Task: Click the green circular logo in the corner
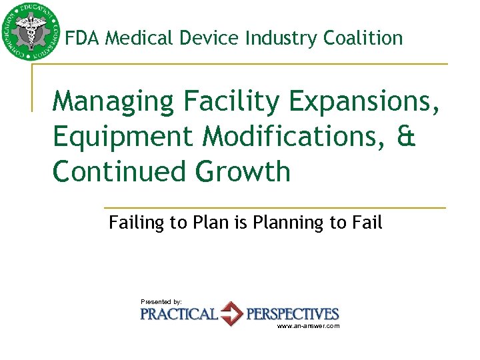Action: point(30,31)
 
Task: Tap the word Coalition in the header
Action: point(363,38)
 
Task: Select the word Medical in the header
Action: point(139,38)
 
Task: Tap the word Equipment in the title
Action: point(123,137)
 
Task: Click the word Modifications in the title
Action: point(291,136)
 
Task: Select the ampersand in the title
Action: point(405,136)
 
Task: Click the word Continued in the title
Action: point(120,171)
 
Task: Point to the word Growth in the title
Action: point(243,171)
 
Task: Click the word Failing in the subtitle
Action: point(137,223)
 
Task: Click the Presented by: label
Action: point(161,302)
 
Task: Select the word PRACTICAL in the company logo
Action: point(179,314)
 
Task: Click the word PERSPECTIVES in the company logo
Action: point(293,314)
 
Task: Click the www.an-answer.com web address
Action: point(308,326)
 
